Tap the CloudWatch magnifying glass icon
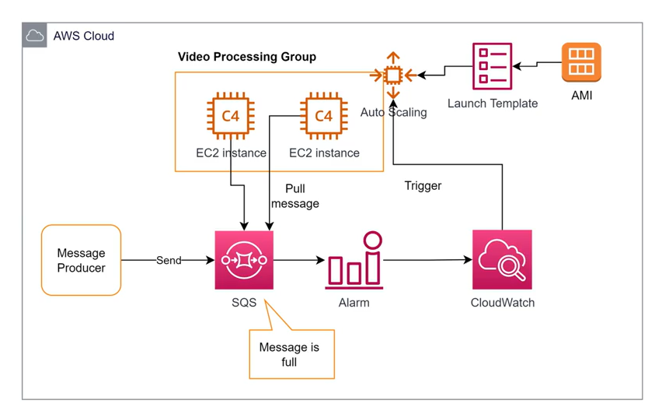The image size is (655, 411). [x=502, y=260]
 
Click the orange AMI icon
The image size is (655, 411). [x=581, y=62]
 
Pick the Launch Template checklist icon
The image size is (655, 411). [x=492, y=67]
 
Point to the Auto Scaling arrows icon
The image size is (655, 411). [x=393, y=76]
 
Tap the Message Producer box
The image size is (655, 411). [x=81, y=260]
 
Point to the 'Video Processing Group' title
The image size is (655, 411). [x=247, y=57]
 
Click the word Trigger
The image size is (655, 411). [x=423, y=186]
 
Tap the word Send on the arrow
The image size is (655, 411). [x=169, y=260]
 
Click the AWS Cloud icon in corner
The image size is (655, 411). [x=34, y=35]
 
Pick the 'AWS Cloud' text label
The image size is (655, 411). [x=83, y=36]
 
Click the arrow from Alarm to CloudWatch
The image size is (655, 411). [x=427, y=260]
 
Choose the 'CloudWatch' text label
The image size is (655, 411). [x=503, y=302]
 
